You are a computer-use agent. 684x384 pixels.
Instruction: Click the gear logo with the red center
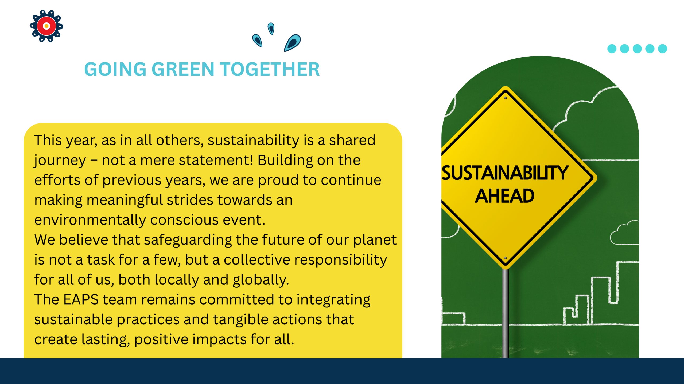(46, 26)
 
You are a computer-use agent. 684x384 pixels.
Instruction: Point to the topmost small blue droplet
(271, 29)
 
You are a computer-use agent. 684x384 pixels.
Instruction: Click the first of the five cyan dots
(612, 49)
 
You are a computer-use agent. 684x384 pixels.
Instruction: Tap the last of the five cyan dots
(662, 49)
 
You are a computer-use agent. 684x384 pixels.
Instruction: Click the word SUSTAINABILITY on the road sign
(505, 173)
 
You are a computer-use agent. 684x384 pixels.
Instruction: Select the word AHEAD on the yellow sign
(504, 196)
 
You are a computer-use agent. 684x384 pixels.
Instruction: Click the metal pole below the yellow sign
(505, 313)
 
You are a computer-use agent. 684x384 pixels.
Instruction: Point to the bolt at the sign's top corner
(505, 98)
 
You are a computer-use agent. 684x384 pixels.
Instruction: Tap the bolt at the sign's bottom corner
(505, 258)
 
